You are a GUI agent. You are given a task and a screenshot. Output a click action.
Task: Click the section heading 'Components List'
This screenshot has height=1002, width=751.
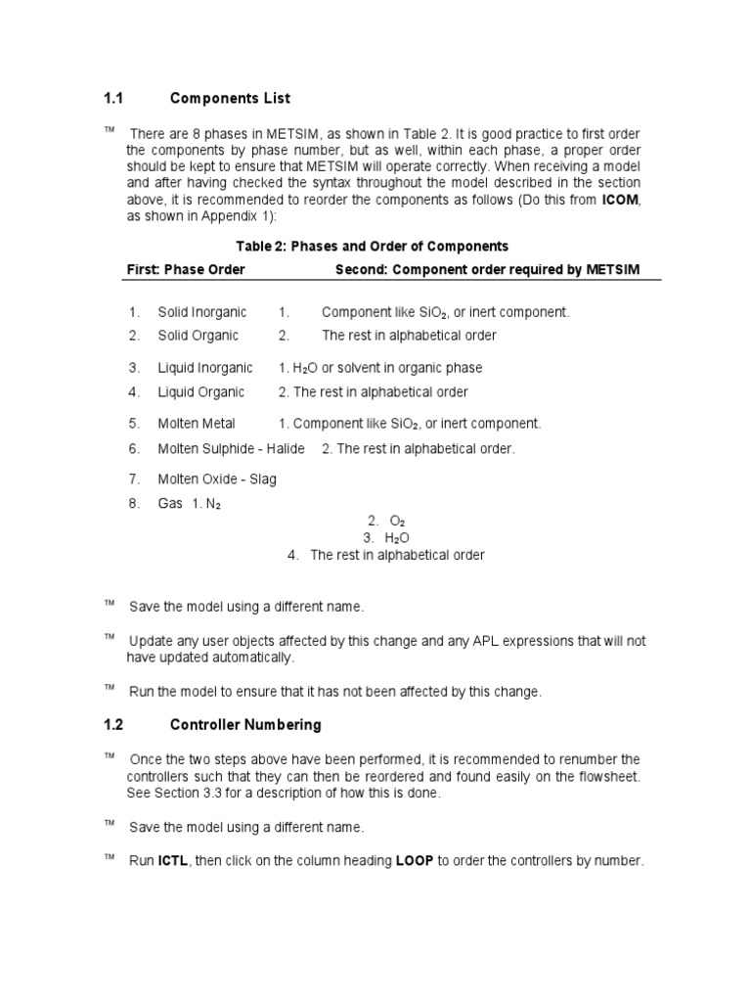(x=230, y=99)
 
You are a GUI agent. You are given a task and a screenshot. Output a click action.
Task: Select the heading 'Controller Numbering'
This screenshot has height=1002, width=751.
(x=245, y=725)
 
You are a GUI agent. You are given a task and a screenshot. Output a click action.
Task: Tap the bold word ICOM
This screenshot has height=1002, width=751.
(x=620, y=201)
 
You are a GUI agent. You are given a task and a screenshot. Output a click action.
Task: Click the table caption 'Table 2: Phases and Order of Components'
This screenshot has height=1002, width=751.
(x=375, y=246)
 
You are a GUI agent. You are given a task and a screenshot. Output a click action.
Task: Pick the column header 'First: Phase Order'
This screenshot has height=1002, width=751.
(x=186, y=269)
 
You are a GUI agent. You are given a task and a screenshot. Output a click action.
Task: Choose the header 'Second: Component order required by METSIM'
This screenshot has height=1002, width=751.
(x=487, y=269)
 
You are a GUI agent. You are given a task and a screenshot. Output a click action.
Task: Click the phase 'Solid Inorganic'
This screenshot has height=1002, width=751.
(x=202, y=312)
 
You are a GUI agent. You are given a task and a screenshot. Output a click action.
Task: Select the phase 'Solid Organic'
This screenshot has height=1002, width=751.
(x=198, y=336)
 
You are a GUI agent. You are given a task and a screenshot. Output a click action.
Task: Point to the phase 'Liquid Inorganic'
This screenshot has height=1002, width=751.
(x=204, y=368)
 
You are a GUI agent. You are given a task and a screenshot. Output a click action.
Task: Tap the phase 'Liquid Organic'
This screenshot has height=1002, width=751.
(x=200, y=392)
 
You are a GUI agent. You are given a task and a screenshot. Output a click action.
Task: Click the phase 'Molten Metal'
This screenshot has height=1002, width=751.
(x=197, y=424)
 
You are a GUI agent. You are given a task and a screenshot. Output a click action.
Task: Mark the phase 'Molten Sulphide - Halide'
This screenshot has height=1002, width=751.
(x=231, y=448)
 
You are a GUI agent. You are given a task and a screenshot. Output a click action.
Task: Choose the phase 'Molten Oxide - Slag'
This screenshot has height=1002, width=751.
(x=217, y=479)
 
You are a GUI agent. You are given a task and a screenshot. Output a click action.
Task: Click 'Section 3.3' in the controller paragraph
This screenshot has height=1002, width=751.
(x=193, y=794)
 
